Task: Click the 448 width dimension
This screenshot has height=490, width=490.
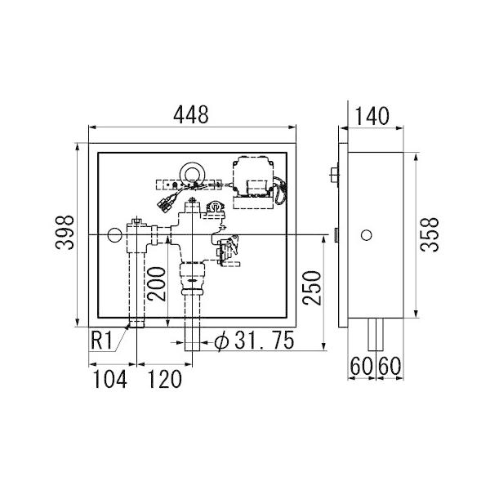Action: point(191,114)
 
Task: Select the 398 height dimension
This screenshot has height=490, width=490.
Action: point(65,232)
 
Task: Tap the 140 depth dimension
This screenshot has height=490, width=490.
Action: point(372,116)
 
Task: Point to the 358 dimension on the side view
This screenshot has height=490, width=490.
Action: point(430,234)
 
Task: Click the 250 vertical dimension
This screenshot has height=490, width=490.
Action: point(312,287)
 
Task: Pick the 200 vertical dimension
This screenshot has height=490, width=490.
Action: point(157,283)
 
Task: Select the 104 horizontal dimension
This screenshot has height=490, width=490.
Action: point(110,379)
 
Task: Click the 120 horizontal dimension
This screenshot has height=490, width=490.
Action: point(164,379)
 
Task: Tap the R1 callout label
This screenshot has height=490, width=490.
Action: point(101,341)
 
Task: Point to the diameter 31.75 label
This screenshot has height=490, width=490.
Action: point(254,341)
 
